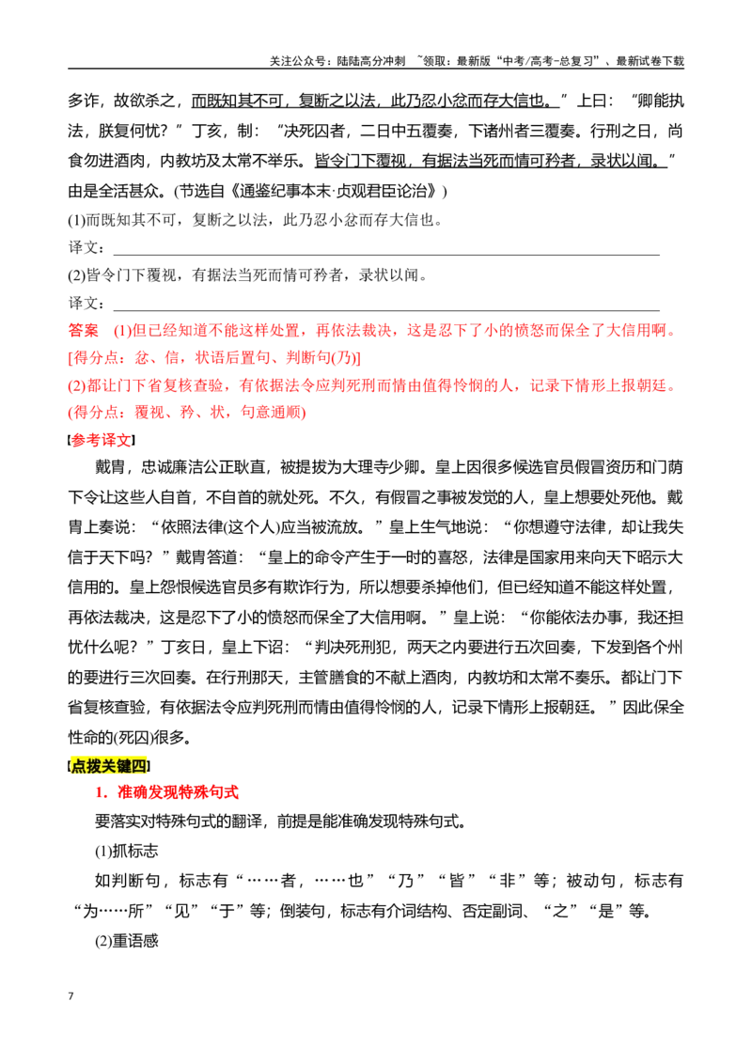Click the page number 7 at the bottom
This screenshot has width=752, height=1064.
(70, 995)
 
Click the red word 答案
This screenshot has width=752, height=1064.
(84, 331)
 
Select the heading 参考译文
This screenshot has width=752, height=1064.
(102, 440)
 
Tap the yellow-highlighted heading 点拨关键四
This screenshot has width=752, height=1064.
(109, 766)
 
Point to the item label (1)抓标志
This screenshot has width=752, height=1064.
(126, 851)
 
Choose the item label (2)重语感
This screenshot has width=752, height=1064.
(126, 941)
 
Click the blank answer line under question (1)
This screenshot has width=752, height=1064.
(386, 255)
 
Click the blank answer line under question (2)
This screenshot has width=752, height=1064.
(386, 310)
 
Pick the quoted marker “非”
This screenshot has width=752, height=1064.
(507, 881)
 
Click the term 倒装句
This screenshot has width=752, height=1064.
(302, 911)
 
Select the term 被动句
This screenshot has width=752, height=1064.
(590, 881)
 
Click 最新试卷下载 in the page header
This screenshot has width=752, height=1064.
(650, 61)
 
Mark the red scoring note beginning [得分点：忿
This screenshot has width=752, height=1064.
(214, 357)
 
